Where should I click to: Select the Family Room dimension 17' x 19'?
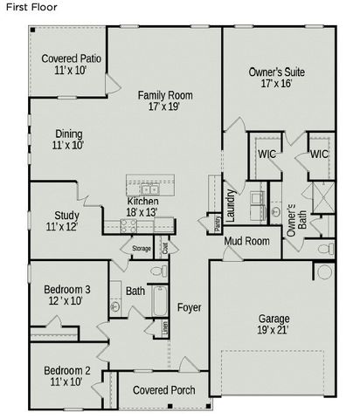(x=165, y=106)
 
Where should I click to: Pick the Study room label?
(x=66, y=215)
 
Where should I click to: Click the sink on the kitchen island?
(x=149, y=189)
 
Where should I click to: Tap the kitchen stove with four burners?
(x=128, y=224)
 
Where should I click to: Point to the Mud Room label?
(x=246, y=241)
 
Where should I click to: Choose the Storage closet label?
(x=142, y=249)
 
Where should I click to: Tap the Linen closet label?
(x=163, y=329)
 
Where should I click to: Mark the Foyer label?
(x=189, y=307)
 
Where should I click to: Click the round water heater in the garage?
(x=324, y=272)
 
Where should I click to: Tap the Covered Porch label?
(x=163, y=389)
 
